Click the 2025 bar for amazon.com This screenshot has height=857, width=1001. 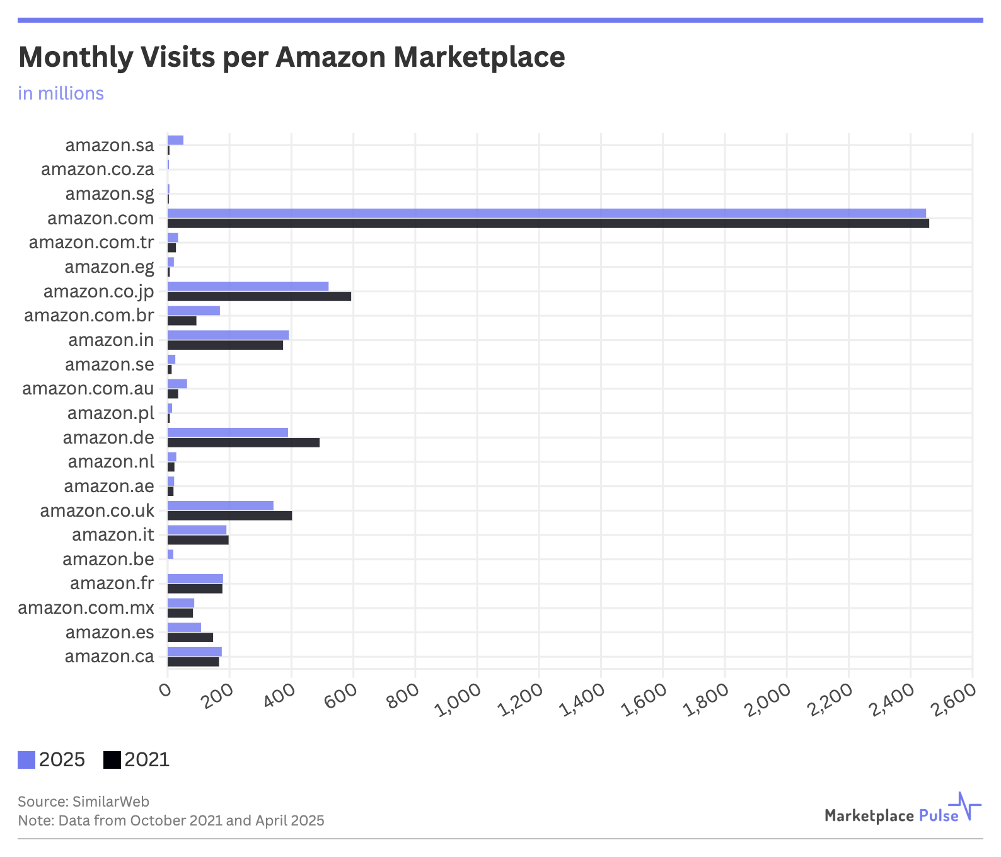pyautogui.click(x=546, y=214)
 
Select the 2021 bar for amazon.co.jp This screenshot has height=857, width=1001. pyautogui.click(x=259, y=296)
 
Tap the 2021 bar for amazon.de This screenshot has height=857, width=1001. pyautogui.click(x=243, y=442)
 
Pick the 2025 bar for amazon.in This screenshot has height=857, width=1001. pyautogui.click(x=228, y=335)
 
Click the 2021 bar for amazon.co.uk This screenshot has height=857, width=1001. pyautogui.click(x=229, y=515)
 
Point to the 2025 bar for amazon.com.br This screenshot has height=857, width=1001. pyautogui.click(x=194, y=311)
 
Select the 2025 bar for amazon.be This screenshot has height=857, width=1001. pyautogui.click(x=170, y=555)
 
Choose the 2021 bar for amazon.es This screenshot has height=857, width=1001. pyautogui.click(x=190, y=638)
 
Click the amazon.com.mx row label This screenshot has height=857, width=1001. pyautogui.click(x=86, y=608)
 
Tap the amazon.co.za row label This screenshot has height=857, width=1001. pyautogui.click(x=97, y=170)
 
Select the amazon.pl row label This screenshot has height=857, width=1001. pyautogui.click(x=110, y=413)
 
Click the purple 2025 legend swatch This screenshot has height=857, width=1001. pyautogui.click(x=26, y=760)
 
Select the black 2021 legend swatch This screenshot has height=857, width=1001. pyautogui.click(x=112, y=760)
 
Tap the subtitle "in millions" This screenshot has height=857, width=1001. pyautogui.click(x=61, y=93)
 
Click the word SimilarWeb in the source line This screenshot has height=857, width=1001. pyautogui.click(x=111, y=802)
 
